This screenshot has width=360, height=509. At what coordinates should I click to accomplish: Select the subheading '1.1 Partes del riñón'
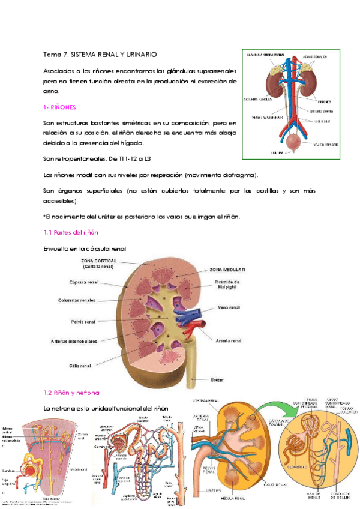(71, 232)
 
